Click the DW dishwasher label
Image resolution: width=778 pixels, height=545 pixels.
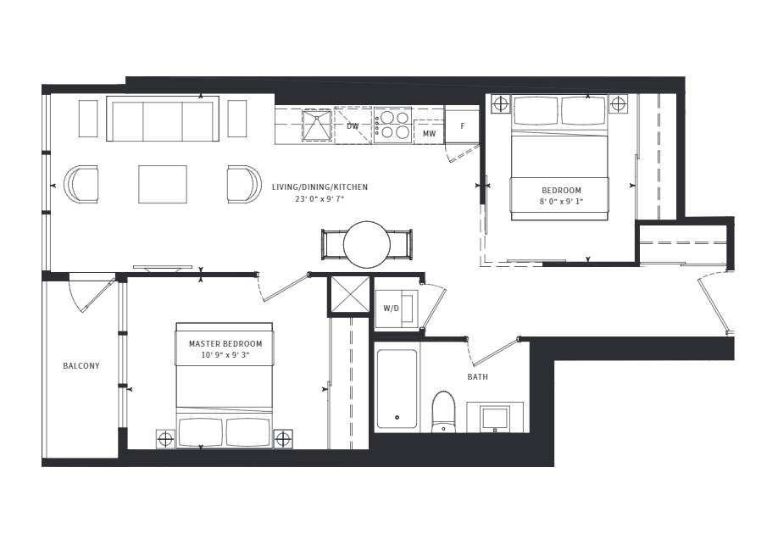click(x=353, y=126)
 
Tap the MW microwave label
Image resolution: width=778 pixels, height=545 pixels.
click(x=429, y=134)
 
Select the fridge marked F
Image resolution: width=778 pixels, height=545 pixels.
click(x=463, y=126)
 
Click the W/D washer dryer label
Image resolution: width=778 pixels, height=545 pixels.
click(x=391, y=309)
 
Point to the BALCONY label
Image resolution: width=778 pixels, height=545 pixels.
click(x=81, y=366)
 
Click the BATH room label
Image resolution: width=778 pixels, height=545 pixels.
click(x=477, y=376)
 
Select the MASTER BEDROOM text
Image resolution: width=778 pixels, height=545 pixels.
click(x=225, y=343)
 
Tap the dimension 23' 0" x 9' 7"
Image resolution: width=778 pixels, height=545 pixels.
click(x=320, y=199)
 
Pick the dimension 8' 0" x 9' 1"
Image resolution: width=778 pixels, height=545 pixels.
click(x=561, y=202)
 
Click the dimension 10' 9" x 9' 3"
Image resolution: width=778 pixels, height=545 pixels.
click(x=225, y=355)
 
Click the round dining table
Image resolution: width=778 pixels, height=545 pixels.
click(x=367, y=244)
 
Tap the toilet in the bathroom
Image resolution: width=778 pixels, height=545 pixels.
click(x=443, y=411)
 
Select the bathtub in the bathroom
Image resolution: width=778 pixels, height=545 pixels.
click(x=397, y=389)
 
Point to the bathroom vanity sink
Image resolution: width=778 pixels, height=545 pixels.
click(x=495, y=417)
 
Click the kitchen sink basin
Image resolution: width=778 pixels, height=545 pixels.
click(x=316, y=125)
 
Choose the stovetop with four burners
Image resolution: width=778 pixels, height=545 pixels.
click(x=392, y=125)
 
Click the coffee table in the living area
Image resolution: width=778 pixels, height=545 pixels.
click(x=163, y=184)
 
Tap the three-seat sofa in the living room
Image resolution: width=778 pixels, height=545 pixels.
click(x=163, y=119)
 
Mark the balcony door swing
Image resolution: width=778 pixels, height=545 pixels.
click(x=92, y=293)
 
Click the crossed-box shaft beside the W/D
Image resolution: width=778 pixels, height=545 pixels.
click(x=350, y=294)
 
